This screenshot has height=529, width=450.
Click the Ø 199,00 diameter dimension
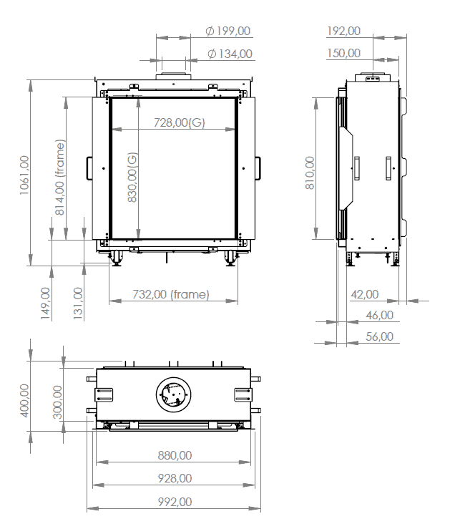(228, 31)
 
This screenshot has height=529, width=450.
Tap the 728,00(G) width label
(179, 122)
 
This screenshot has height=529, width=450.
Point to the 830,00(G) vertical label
(132, 178)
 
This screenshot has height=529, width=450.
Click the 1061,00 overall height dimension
(26, 179)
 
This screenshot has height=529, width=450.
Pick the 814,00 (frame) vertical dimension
(60, 178)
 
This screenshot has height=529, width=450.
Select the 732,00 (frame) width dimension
(170, 294)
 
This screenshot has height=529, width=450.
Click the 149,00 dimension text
(45, 301)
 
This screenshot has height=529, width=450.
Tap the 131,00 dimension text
(78, 301)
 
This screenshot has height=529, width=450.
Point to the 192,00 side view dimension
(343, 31)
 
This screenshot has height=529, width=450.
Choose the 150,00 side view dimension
(343, 53)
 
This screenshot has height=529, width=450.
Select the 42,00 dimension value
(365, 293)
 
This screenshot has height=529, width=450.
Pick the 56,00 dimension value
(378, 336)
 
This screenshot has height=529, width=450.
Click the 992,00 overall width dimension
(174, 502)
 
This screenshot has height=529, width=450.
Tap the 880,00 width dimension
(174, 455)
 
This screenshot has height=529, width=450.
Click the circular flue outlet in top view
(173, 394)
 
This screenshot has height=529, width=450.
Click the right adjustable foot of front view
(230, 258)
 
